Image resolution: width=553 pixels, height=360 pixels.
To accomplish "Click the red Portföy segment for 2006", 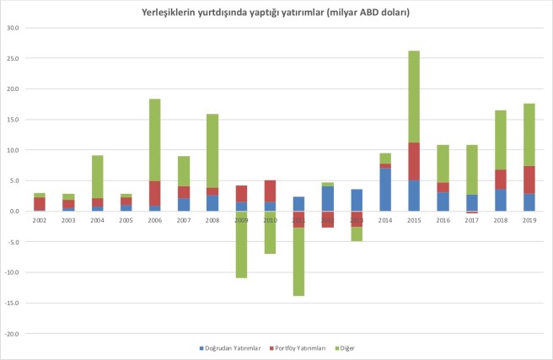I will point(155,194).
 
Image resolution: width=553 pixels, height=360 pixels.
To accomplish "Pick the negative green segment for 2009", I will point(241,244).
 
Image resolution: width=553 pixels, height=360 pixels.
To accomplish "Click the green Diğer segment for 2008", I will point(212,151).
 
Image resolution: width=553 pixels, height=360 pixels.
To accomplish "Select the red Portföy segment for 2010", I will point(270,191).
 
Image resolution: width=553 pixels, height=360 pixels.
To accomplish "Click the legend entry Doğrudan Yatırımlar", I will point(231,347).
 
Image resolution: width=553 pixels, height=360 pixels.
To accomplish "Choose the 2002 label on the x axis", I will point(40,220).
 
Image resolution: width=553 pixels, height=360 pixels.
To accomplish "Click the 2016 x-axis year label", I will point(443,220).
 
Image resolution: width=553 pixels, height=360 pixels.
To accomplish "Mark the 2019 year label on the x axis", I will point(529,220).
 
